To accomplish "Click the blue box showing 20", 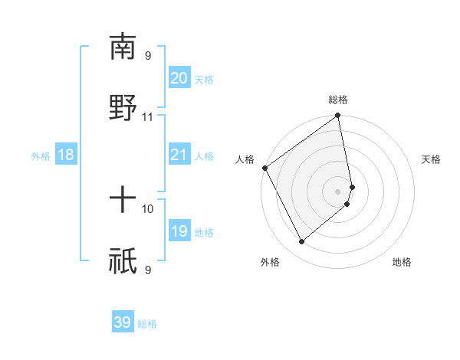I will coord(179,78).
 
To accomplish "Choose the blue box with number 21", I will coord(179,155).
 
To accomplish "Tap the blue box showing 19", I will coord(179,231).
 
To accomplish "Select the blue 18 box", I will coord(66,155).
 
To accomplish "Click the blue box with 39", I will coord(122,322).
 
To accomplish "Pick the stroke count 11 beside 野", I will coord(147,117).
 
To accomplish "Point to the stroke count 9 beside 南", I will coord(148,56).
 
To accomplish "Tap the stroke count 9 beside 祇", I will coord(148,270).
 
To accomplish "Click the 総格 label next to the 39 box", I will coord(147,324).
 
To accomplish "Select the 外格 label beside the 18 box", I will coord(41,156).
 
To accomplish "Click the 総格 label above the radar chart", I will coord(338,100).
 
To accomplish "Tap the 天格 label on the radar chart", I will coord(431,159).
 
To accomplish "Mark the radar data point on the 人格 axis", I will coord(264,168).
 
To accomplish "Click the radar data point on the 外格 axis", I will coord(301,241).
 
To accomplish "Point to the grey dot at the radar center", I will coord(338,191).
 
